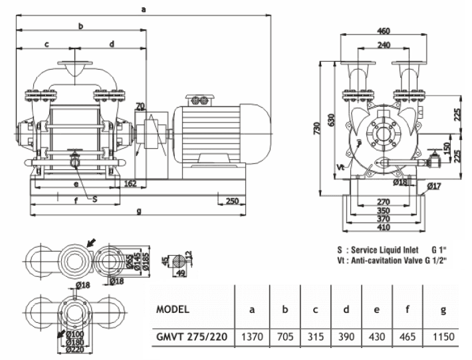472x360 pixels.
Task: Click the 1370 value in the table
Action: click(x=252, y=337)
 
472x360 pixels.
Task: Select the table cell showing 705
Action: click(x=285, y=337)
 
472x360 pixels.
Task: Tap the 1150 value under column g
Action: click(x=442, y=337)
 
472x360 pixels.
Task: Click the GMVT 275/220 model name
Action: click(x=191, y=337)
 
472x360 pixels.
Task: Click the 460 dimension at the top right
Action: click(x=383, y=31)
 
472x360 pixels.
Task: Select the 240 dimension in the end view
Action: click(x=383, y=45)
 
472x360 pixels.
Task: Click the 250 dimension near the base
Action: click(x=233, y=201)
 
